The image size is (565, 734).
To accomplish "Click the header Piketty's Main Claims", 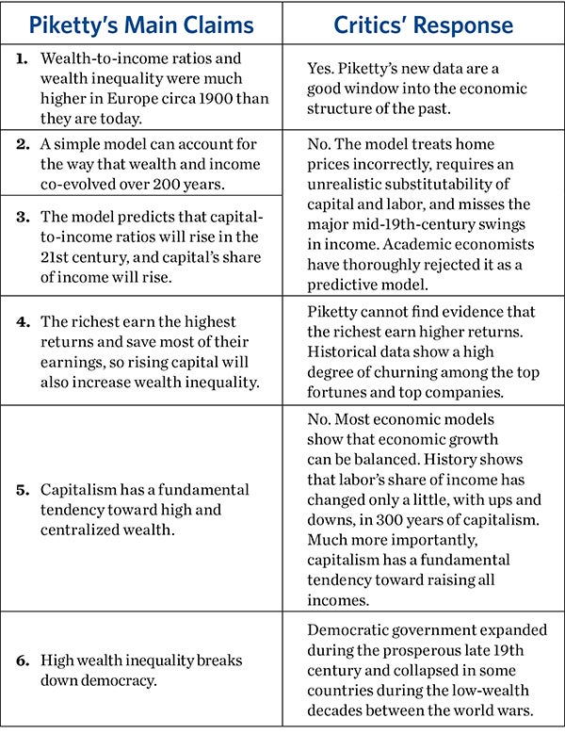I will pos(141,22).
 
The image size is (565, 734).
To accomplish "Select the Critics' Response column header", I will pos(424,22).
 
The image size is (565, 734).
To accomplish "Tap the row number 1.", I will pos(22,57).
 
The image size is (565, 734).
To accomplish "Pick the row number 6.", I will pos(22,660).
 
